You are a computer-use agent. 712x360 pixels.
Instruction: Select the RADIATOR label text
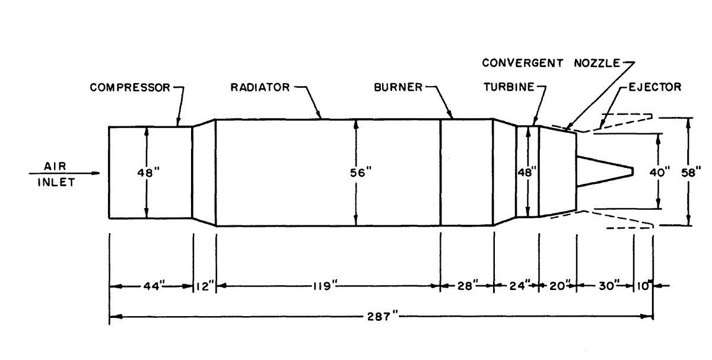tap(259, 88)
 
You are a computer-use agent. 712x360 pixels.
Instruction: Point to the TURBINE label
tap(506, 88)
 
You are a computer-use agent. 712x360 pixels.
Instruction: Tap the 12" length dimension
tap(205, 286)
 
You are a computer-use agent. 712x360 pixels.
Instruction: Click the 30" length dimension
tap(605, 286)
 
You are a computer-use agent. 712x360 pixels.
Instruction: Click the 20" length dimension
tap(558, 286)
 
